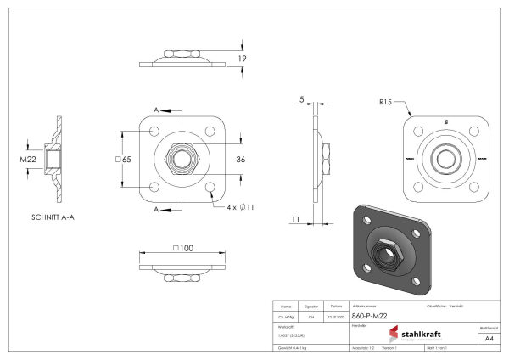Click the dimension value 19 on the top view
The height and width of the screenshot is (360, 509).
pyautogui.click(x=242, y=58)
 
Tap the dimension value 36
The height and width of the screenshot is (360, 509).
pyautogui.click(x=240, y=160)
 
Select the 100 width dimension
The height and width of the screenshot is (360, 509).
pyautogui.click(x=182, y=248)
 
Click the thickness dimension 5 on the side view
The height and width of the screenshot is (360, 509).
pyautogui.click(x=301, y=99)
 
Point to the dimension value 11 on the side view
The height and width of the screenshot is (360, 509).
pyautogui.click(x=294, y=219)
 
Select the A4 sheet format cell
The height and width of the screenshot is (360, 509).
pyautogui.click(x=488, y=338)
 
